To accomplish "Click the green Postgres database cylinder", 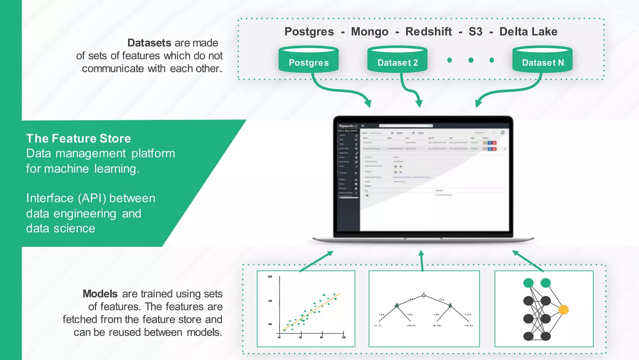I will (x=309, y=60).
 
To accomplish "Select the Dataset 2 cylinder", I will (x=397, y=60).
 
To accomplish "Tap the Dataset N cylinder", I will (x=542, y=60).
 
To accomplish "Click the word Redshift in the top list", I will (x=428, y=32).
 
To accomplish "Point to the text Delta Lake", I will (x=528, y=32).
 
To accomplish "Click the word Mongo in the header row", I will (x=370, y=32).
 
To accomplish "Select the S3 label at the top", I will (x=475, y=32).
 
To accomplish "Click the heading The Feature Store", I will (x=78, y=138).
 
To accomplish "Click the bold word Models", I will (x=100, y=294).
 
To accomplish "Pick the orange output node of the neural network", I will (x=563, y=310).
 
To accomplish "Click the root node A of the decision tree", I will (x=423, y=295).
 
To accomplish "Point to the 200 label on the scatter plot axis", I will (x=270, y=277).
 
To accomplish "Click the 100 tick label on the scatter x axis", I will (x=344, y=338).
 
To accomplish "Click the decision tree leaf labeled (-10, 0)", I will (x=411, y=326).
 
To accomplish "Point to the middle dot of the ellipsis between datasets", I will (x=471, y=60).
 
